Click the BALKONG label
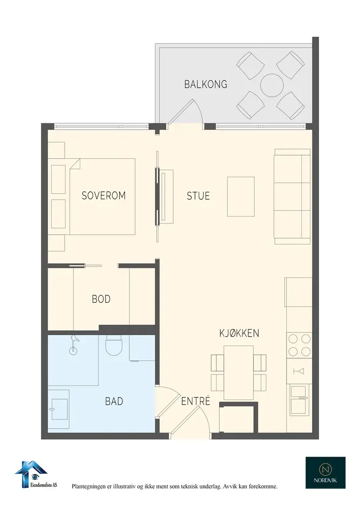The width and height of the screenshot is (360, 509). (x=206, y=85)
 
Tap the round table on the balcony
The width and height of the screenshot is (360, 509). (x=272, y=86)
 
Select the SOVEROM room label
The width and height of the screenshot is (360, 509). (x=103, y=196)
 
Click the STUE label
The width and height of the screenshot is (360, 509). (x=198, y=196)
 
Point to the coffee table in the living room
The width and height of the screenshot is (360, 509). (x=241, y=197)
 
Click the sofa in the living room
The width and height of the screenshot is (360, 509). (x=293, y=197)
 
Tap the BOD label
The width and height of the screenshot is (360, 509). (x=101, y=299)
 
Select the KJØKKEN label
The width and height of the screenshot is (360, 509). (x=239, y=333)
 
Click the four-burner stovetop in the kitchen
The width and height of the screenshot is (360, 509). (x=299, y=345)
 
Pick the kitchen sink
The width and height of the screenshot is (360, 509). (x=299, y=400)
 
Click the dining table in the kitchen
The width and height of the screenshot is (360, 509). (x=239, y=373)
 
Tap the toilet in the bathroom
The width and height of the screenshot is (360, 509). (x=114, y=345)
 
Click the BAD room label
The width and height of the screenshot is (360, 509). (x=114, y=402)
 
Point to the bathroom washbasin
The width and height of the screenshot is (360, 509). (x=59, y=409)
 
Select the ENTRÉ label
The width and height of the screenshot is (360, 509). (x=196, y=401)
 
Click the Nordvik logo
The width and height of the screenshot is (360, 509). (x=325, y=473)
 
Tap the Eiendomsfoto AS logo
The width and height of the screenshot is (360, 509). (x=36, y=475)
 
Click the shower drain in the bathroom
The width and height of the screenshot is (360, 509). (x=73, y=351)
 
